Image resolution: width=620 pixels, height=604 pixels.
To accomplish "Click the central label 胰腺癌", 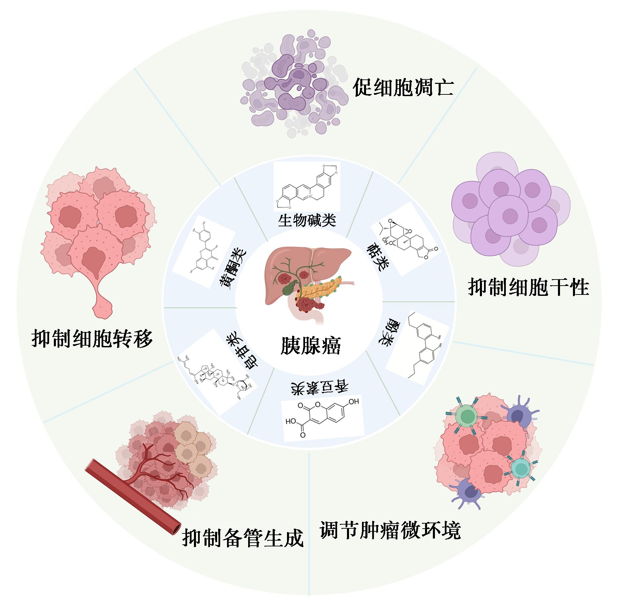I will (310, 346).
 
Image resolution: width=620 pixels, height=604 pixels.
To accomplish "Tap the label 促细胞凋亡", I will (403, 88).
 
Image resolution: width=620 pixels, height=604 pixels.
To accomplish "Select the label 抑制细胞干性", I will (528, 288).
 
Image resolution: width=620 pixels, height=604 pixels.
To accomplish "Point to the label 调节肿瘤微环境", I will (390, 530).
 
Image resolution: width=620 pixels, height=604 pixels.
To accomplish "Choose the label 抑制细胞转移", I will (92, 338).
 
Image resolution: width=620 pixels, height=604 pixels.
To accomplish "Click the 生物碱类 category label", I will (307, 220).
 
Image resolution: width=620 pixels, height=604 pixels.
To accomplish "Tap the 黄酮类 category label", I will (233, 270).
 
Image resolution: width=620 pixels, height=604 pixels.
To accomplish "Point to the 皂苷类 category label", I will (242, 351).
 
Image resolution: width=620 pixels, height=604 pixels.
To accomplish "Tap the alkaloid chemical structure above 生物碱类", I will (307, 186).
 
